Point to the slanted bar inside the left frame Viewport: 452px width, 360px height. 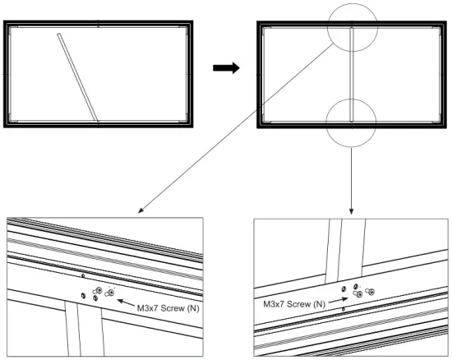(78, 76)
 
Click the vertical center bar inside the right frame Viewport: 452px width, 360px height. (352, 74)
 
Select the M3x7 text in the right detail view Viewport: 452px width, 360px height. (276, 303)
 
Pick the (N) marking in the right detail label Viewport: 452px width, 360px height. (316, 303)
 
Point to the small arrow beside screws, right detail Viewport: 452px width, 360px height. (338, 301)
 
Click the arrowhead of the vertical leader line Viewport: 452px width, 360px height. (352, 211)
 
